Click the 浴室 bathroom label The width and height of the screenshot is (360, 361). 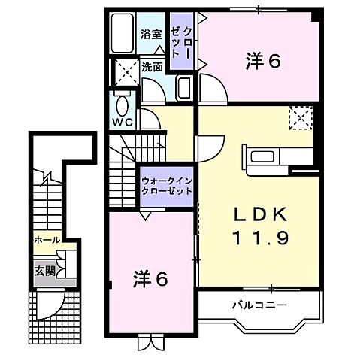coord(151,33)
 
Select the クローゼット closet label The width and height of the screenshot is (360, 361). coord(180,41)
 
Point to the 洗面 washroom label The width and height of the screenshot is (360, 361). coord(153,66)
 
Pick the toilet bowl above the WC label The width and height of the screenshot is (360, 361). coord(122,103)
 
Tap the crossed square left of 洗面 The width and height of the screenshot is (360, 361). coord(123,71)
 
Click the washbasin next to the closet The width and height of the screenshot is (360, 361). coord(183,87)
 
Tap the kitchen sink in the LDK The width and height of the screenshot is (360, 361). coord(262,156)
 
